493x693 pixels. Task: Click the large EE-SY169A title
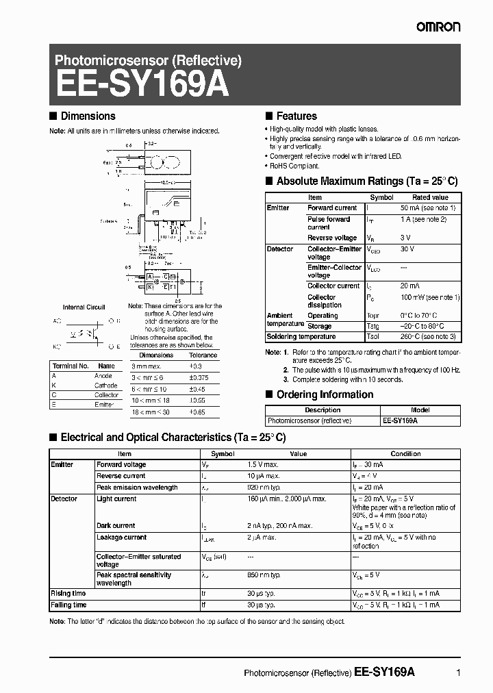point(142,86)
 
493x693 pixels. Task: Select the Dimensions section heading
point(88,116)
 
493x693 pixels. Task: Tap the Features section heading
point(296,116)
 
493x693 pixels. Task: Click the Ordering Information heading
point(325,394)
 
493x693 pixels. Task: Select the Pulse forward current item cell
point(329,223)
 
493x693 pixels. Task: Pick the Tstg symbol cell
point(374,326)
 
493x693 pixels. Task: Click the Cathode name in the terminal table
point(105,386)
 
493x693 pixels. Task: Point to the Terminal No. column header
point(70,366)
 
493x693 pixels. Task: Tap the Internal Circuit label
point(84,307)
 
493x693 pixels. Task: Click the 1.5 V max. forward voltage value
point(264,464)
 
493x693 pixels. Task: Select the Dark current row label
point(116,526)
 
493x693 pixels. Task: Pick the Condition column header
point(405,453)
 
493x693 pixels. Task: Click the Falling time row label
point(68,605)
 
